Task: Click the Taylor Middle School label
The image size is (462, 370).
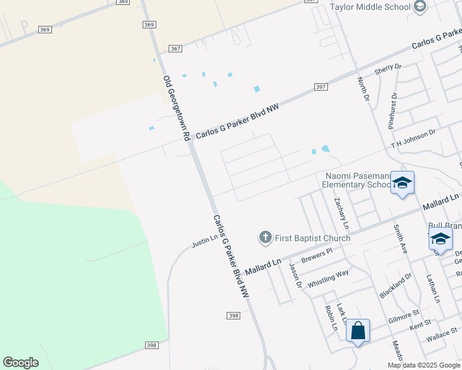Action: tap(370, 7)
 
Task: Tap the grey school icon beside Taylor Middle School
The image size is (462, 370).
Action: tap(420, 7)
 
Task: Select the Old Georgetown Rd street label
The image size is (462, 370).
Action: tap(176, 109)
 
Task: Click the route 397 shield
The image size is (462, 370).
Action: tap(320, 87)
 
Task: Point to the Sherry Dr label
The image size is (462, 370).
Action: tap(388, 70)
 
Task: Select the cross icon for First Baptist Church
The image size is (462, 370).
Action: tap(265, 237)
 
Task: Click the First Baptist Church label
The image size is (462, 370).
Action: tap(313, 238)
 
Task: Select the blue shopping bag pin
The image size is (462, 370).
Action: tap(358, 331)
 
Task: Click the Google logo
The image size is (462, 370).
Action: tap(20, 363)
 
